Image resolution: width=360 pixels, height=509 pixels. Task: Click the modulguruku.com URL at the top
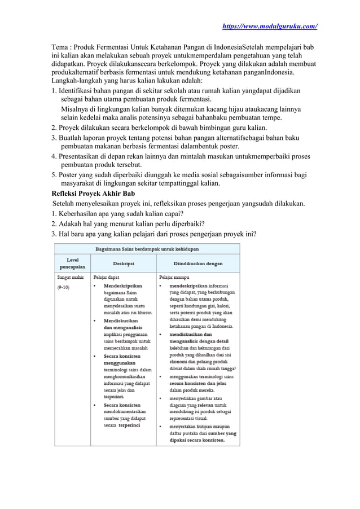pos(270,26)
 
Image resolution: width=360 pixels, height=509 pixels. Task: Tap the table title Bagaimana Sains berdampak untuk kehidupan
pos(146,248)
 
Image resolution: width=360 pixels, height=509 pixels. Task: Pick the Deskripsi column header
pos(123,263)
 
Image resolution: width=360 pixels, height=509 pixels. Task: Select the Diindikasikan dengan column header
pos(197,263)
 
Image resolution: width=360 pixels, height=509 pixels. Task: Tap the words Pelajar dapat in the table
pos(106,278)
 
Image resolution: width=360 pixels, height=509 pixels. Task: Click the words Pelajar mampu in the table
pos(174,278)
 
